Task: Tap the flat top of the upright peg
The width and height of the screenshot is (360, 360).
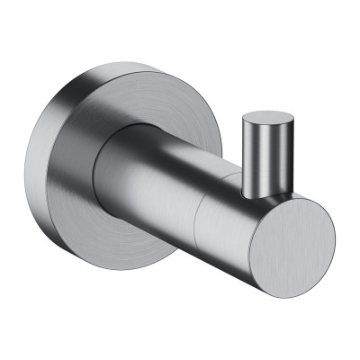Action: (268, 117)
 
